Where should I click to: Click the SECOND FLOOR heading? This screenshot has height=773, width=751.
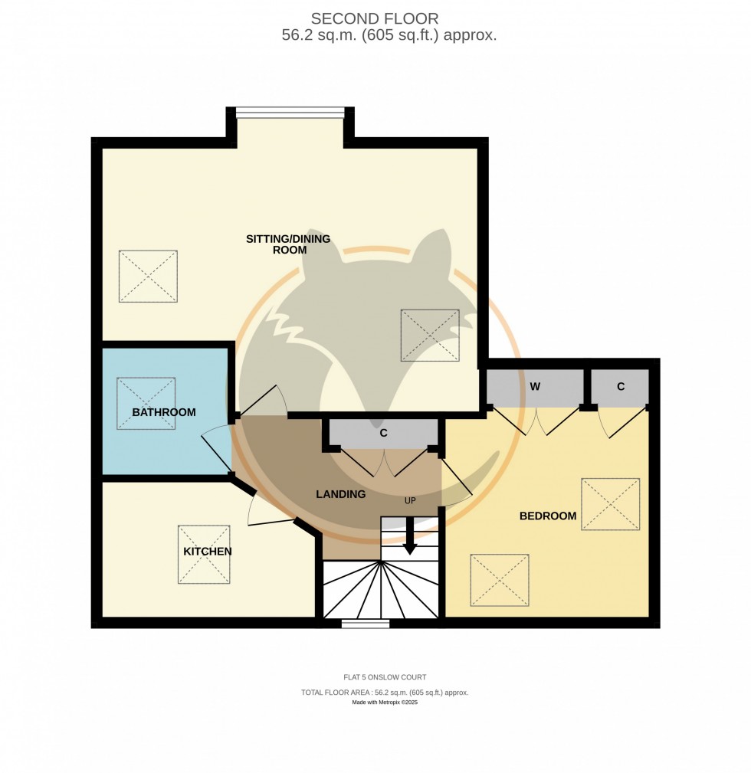[x=374, y=18]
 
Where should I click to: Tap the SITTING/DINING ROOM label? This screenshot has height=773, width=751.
[x=288, y=244]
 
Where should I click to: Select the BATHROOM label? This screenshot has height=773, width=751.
[x=164, y=412]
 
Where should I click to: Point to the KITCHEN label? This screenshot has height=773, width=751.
[x=207, y=552]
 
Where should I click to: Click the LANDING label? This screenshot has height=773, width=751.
[x=341, y=494]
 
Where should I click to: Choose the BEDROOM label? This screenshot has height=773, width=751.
[x=548, y=516]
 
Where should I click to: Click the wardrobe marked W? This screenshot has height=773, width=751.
[x=535, y=387]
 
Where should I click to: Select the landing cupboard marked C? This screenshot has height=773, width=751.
[x=383, y=433]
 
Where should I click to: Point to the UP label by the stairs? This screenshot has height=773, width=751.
[x=410, y=501]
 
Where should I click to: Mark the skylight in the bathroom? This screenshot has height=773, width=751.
[x=146, y=403]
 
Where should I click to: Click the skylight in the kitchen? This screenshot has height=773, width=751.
[x=204, y=554]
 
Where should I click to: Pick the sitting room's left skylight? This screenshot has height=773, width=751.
[x=148, y=276]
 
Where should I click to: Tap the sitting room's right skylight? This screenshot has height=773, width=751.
[x=430, y=336]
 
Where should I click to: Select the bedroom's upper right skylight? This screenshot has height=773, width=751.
[x=610, y=504]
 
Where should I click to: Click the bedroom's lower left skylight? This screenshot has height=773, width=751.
[x=500, y=580]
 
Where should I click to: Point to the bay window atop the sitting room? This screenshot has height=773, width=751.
[x=290, y=113]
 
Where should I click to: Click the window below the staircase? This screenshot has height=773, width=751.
[x=365, y=624]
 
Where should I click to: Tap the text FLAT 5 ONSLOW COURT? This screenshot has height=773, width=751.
[x=385, y=677]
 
